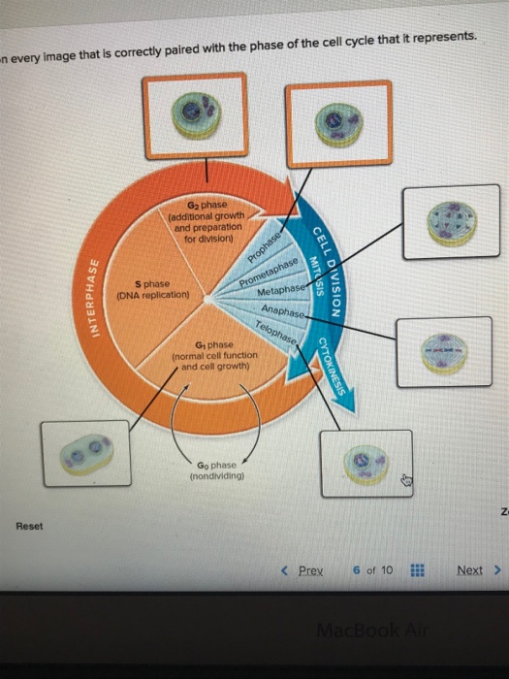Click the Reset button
[28, 527]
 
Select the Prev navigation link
[307, 569]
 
